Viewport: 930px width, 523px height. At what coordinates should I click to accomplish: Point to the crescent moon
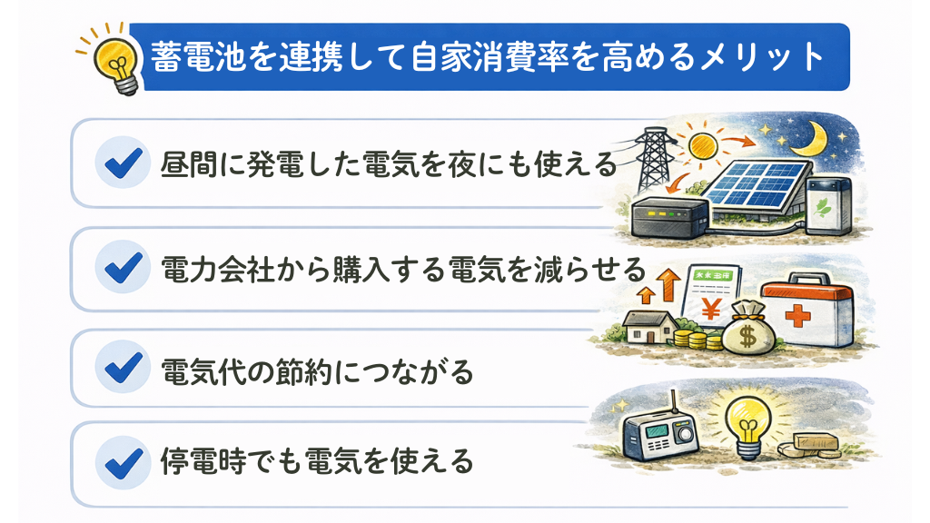(x=829, y=138)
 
